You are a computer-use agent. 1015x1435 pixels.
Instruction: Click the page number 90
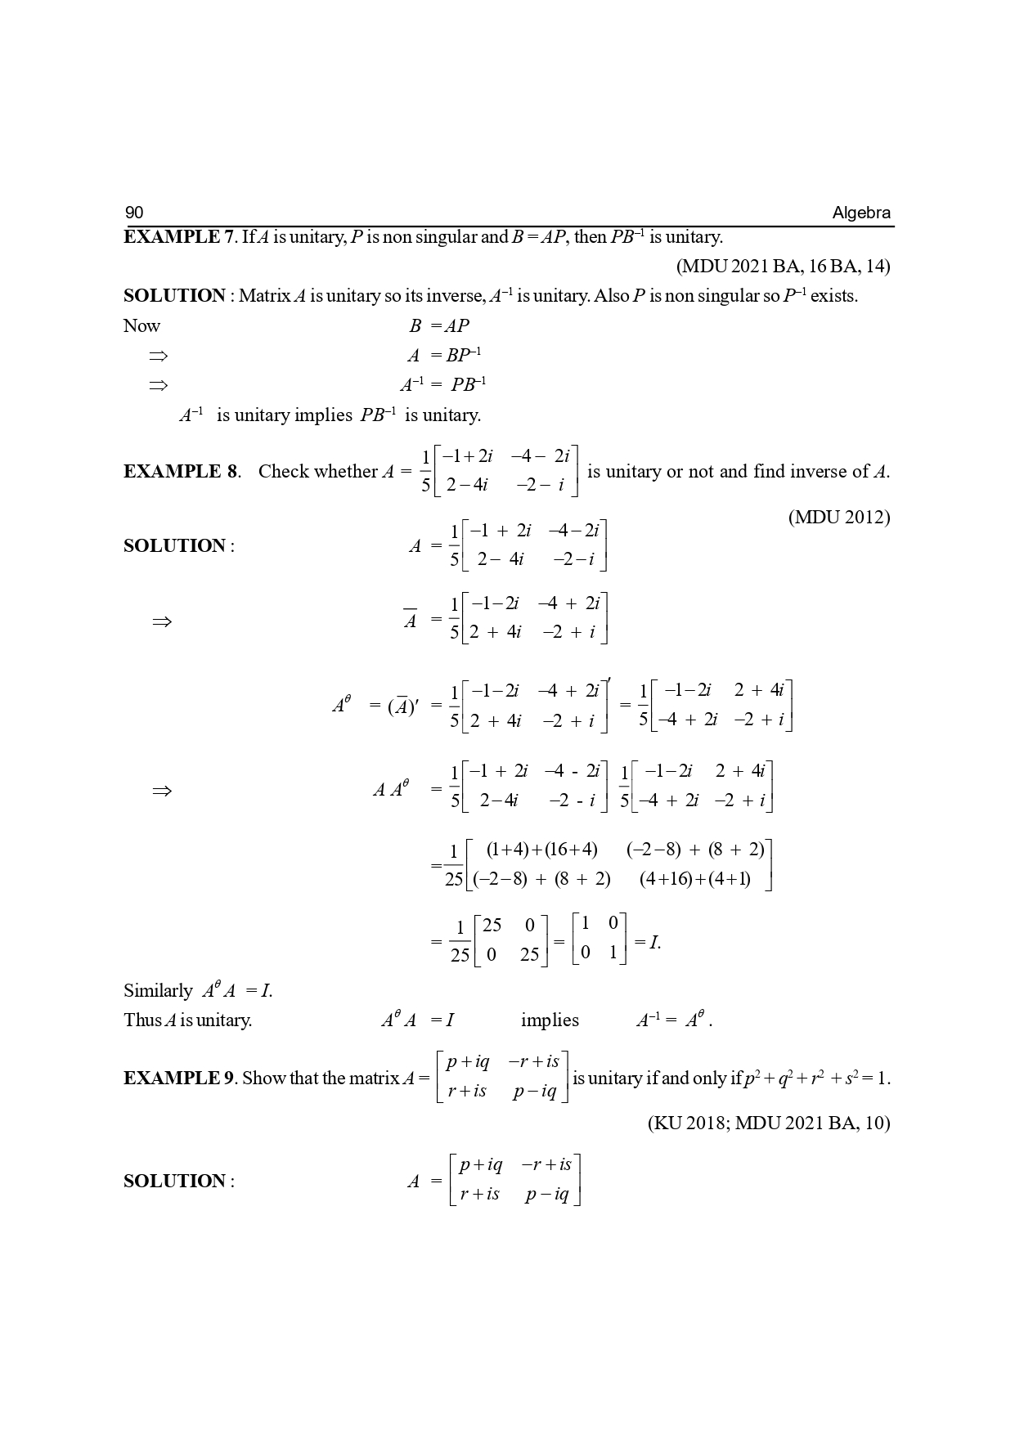point(134,213)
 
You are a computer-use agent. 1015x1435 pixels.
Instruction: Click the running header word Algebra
point(861,213)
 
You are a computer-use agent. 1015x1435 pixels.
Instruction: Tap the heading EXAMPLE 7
point(178,237)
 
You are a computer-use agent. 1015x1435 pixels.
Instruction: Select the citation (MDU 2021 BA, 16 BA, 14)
point(783,266)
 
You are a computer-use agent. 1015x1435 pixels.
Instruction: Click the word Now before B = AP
point(141,325)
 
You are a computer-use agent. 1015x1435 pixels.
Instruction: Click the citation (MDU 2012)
point(839,517)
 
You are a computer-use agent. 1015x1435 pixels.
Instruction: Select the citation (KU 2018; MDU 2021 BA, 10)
point(769,1123)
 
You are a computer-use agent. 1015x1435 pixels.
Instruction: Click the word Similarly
point(158,990)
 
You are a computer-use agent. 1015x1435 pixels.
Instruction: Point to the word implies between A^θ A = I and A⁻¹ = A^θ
point(550,1020)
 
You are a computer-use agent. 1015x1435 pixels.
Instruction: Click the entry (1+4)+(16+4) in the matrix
point(541,850)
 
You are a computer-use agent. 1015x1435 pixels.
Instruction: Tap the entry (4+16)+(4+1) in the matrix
point(695,879)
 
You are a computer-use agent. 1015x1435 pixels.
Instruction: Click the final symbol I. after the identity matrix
point(653,942)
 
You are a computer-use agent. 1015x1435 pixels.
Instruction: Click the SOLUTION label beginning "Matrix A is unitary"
point(174,295)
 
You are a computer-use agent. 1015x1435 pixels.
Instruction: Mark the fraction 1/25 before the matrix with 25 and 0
point(460,941)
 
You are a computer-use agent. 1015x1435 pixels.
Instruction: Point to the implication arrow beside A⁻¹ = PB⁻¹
point(158,384)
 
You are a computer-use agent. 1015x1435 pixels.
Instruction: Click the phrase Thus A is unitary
point(188,1020)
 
